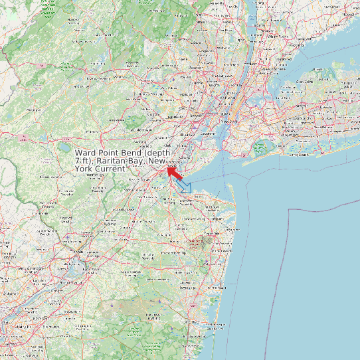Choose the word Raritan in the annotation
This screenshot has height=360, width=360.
coord(114,161)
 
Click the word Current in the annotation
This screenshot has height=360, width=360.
coord(110,169)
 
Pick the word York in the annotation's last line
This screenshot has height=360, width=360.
coord(84,169)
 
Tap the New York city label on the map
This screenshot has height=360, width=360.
coord(229,122)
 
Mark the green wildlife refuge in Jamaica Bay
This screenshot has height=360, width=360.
coord(259,147)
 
